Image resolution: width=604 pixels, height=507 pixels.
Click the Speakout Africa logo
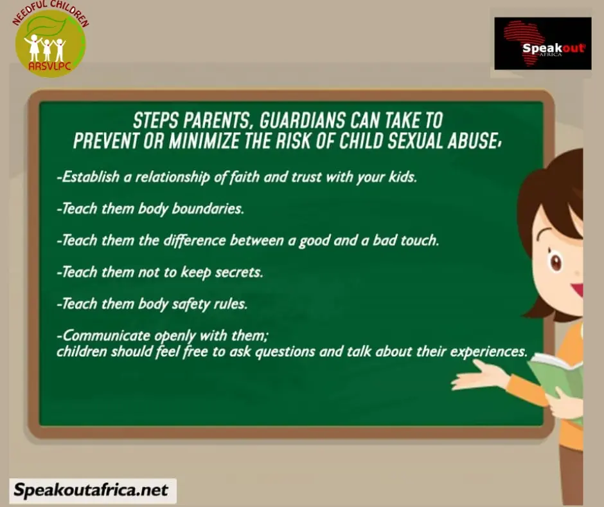pyautogui.click(x=543, y=43)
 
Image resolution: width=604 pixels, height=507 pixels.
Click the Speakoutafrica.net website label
pyautogui.click(x=91, y=490)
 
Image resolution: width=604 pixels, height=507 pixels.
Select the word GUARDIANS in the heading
pyautogui.click(x=303, y=120)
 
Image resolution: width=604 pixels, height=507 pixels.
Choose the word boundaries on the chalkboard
pyautogui.click(x=208, y=208)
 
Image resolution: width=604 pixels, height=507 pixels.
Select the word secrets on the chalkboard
pyautogui.click(x=239, y=272)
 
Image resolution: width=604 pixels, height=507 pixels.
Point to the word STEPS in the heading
pyautogui.click(x=155, y=120)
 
